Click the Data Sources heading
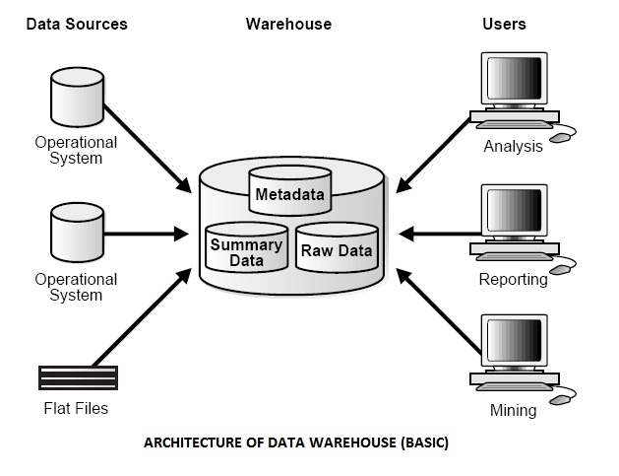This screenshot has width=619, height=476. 77,24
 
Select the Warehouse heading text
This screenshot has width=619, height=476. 288,24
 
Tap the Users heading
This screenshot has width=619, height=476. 504,24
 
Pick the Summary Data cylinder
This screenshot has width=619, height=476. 246,251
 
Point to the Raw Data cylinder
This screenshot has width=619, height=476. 336,250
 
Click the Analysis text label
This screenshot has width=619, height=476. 513,147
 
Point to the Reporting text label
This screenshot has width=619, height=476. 513,279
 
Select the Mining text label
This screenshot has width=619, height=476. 513,409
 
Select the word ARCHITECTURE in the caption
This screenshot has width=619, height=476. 193,442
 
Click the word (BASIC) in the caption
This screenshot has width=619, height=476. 424,442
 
